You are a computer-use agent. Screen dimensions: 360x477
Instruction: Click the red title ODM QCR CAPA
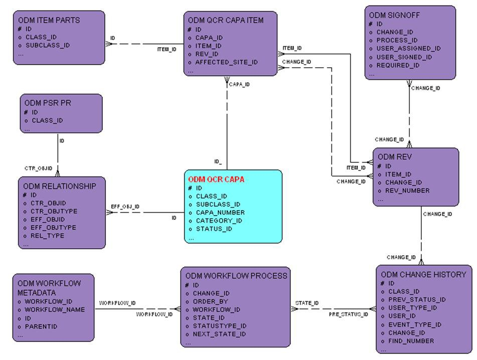(216, 179)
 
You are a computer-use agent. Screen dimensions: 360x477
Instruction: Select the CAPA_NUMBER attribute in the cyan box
(220, 213)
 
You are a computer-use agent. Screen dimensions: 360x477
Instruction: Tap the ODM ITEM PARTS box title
(49, 21)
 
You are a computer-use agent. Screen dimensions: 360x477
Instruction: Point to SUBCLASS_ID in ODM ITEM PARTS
(47, 45)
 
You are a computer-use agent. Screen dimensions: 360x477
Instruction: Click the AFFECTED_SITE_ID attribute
(226, 62)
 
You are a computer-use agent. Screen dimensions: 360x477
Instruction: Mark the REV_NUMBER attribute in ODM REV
(407, 191)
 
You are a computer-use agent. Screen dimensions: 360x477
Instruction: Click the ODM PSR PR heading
(48, 103)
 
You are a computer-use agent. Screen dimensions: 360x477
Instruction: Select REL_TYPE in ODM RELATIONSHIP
(48, 236)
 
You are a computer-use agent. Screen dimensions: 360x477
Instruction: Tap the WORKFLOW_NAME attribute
(55, 309)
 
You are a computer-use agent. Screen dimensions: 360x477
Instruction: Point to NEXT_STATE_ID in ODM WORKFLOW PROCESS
(219, 334)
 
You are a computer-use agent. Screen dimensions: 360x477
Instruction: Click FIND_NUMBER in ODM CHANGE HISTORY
(411, 341)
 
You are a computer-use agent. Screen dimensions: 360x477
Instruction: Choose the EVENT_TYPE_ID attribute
(414, 324)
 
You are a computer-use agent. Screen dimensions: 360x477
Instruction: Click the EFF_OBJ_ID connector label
(125, 207)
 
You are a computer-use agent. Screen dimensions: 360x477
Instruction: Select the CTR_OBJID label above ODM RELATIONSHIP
(39, 168)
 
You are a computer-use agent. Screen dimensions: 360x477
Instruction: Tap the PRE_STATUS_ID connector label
(348, 314)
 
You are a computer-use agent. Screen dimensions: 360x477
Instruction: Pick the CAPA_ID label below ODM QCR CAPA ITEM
(239, 85)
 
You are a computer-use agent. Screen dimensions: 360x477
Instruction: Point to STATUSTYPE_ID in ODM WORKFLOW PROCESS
(220, 326)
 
